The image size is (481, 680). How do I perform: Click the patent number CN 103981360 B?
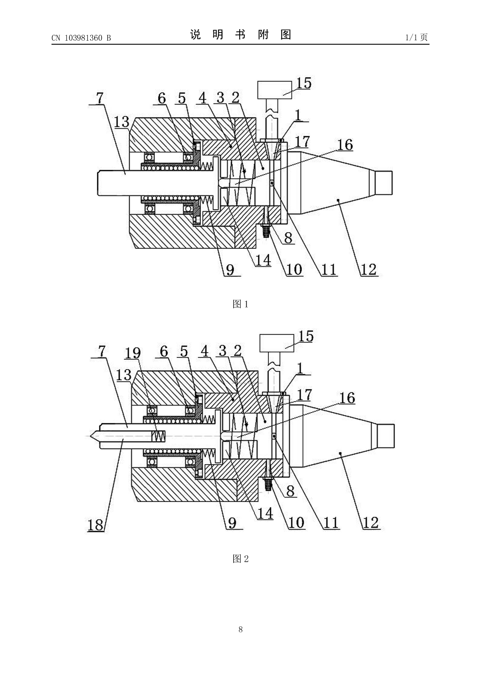(x=81, y=38)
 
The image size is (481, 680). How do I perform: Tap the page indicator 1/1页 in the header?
(x=417, y=37)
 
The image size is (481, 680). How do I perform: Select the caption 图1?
(x=240, y=304)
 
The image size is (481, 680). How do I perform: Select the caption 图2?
(x=240, y=559)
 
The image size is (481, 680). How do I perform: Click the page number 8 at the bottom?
(x=240, y=629)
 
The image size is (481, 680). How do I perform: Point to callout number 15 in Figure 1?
(x=304, y=83)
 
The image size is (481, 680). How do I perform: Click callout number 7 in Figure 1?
(x=100, y=98)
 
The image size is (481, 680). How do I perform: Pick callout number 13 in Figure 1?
(x=121, y=121)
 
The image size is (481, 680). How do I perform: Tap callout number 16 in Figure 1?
(x=345, y=145)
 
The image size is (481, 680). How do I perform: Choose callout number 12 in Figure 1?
(x=369, y=269)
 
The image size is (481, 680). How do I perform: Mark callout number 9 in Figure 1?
(x=230, y=269)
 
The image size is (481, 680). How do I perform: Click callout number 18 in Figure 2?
(x=95, y=525)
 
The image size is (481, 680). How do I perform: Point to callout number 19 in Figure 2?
(x=132, y=353)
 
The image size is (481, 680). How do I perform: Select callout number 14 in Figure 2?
(x=265, y=513)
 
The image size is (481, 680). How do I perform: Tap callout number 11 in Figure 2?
(x=331, y=523)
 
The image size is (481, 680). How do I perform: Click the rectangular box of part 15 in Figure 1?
(x=274, y=90)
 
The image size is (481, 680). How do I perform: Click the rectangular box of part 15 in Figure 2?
(x=277, y=343)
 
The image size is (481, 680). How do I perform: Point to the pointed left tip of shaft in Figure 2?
(x=90, y=436)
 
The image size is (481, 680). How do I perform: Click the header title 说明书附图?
(x=240, y=35)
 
